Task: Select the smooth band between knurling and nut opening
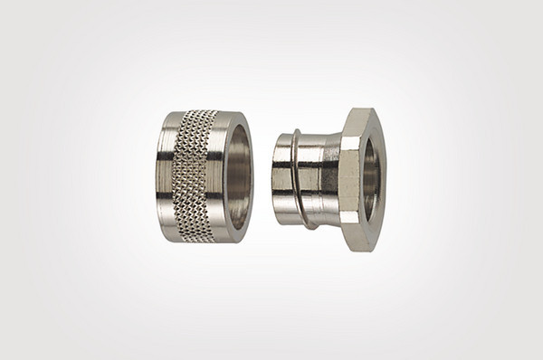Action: pyautogui.click(x=217, y=177)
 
